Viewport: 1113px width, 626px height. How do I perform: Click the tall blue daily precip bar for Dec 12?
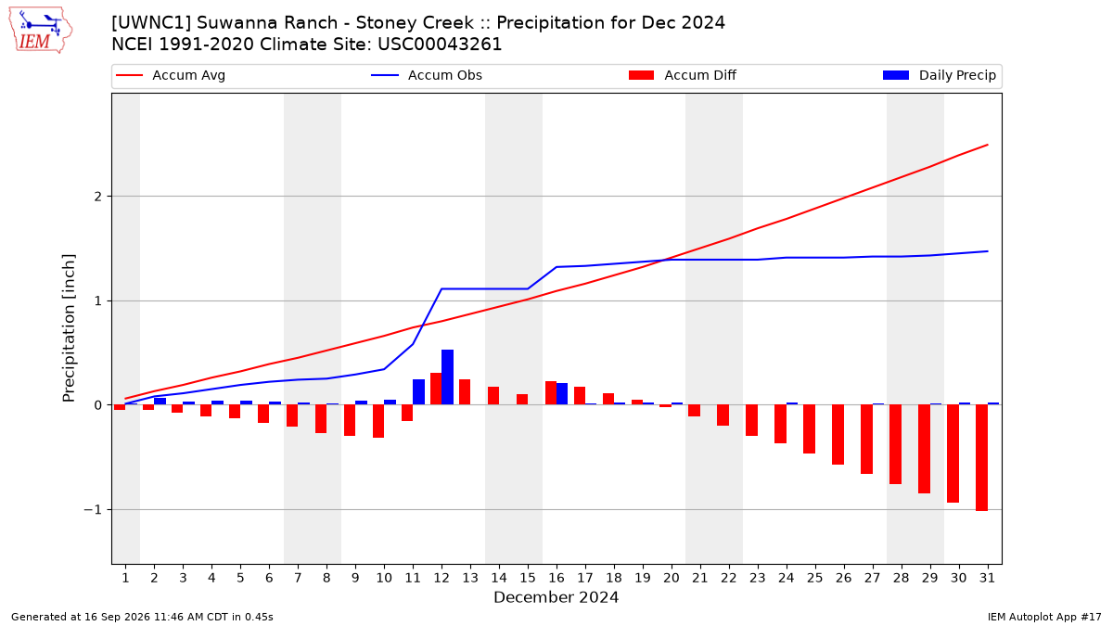tap(447, 377)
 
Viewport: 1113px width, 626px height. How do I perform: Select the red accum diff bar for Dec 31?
tap(981, 457)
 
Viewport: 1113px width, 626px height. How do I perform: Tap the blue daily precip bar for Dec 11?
tap(419, 392)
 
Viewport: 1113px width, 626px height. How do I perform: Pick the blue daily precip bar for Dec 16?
tap(562, 394)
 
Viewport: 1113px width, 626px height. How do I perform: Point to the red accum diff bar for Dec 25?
tap(809, 428)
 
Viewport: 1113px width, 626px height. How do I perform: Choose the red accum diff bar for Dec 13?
tap(465, 392)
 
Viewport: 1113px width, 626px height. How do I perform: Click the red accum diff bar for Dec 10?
tap(378, 421)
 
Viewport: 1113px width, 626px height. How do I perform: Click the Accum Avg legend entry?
tap(171, 75)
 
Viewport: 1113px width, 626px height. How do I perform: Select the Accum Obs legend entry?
tap(427, 75)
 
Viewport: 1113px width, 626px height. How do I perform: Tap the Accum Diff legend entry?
tap(683, 75)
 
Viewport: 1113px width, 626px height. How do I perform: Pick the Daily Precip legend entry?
tap(939, 75)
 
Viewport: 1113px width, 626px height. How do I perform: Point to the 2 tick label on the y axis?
tap(98, 197)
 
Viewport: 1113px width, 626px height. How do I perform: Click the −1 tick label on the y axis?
tap(93, 510)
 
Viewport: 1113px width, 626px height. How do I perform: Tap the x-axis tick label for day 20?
tap(672, 578)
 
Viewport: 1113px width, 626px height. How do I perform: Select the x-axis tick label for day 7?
tap(298, 578)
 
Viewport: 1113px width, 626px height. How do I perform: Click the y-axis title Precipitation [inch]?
tap(69, 328)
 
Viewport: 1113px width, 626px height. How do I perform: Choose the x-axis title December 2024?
tap(556, 597)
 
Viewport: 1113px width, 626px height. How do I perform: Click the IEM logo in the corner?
tap(40, 30)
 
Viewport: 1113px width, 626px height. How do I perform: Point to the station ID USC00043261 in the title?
tap(440, 45)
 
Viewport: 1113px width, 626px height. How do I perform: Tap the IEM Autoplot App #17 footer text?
tap(1044, 617)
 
